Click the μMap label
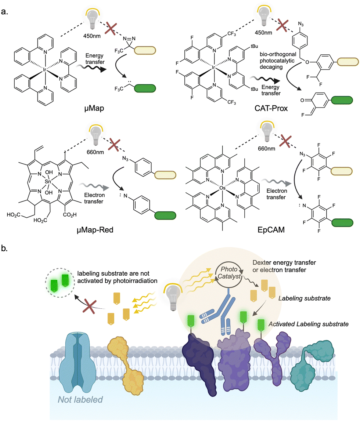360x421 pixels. click(94, 108)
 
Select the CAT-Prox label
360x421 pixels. click(271, 108)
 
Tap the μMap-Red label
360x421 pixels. click(95, 230)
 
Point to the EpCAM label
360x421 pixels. click(271, 230)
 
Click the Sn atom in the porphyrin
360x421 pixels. click(48, 182)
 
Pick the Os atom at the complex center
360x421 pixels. click(222, 188)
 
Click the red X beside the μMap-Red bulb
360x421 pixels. click(114, 145)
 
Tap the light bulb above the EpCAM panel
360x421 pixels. click(267, 131)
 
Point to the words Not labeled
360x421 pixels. click(80, 399)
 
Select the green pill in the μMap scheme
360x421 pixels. click(145, 88)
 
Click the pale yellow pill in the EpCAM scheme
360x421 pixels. click(341, 171)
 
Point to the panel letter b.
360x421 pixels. click(4, 248)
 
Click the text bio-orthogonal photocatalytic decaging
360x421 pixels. click(278, 61)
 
